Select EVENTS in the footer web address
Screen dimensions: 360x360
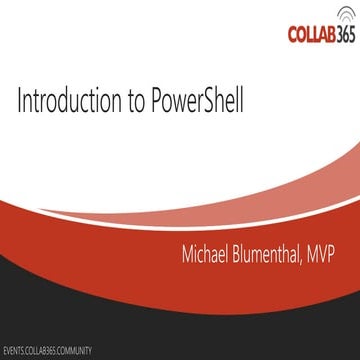(16, 352)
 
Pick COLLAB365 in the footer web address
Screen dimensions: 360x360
(45, 352)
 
